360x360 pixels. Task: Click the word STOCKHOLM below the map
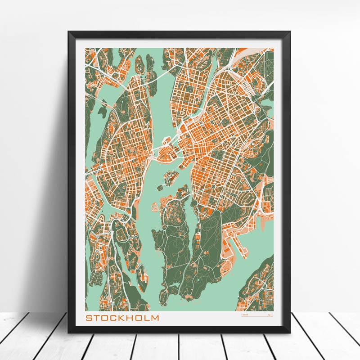pos(122,318)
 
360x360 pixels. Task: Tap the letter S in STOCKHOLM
pos(89,318)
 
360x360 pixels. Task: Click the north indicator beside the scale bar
pos(269,316)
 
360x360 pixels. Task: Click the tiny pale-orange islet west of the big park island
pos(154,207)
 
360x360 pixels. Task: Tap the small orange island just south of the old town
pos(171,178)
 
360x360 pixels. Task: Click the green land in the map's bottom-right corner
pos(261,283)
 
